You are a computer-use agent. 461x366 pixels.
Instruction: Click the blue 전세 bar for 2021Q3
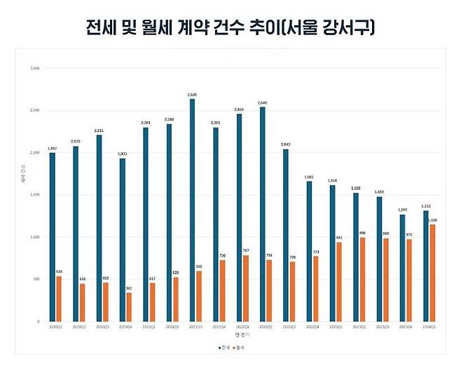click(192, 210)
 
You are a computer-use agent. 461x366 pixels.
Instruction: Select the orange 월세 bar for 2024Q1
click(433, 273)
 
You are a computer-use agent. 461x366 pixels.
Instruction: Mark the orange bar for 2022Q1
click(246, 288)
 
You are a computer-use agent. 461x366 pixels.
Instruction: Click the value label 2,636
click(191, 94)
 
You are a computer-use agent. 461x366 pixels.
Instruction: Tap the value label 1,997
click(51, 148)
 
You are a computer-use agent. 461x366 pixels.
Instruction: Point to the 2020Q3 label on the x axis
click(102, 327)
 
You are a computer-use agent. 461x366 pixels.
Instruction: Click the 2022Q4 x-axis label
click(312, 327)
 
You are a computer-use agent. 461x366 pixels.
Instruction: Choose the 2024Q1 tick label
click(429, 327)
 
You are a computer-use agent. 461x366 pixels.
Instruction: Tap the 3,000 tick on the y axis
click(35, 69)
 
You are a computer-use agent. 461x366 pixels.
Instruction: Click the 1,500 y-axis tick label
click(35, 195)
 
